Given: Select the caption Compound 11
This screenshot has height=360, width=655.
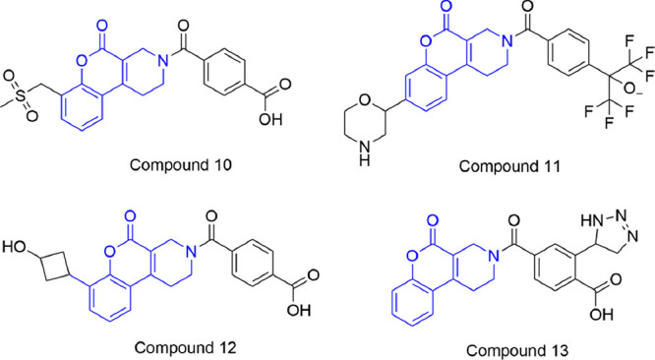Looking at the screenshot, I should point(516,168).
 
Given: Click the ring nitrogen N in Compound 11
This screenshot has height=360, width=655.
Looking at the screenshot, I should point(491,44).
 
